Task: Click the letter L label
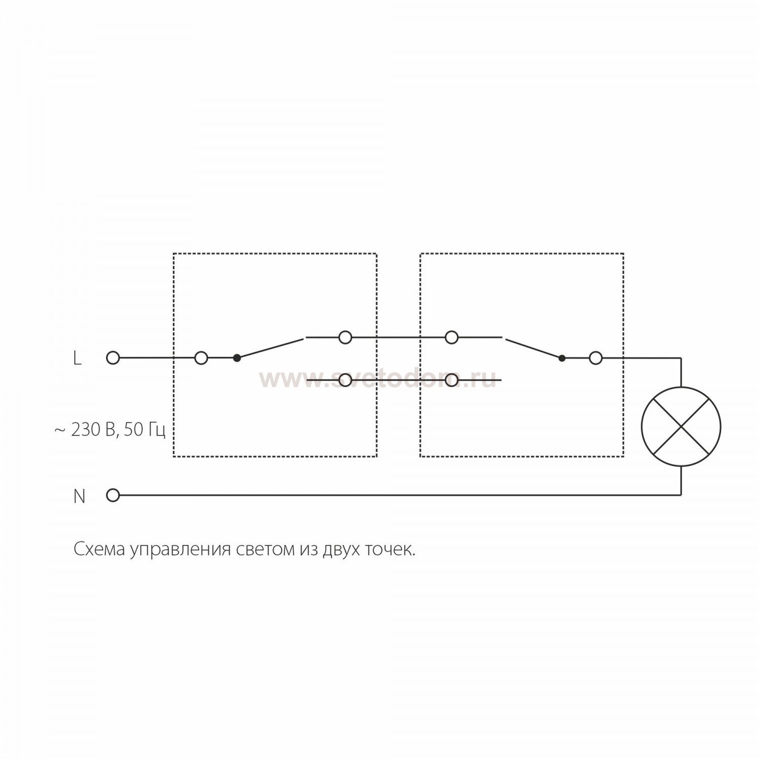click(x=77, y=358)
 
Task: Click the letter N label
click(x=79, y=496)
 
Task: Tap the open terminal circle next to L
click(x=113, y=358)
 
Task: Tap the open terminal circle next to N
click(x=113, y=495)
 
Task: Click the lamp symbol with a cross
click(x=681, y=427)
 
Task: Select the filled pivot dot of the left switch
click(x=236, y=358)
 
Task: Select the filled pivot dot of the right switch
click(x=561, y=358)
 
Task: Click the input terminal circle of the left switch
click(x=201, y=358)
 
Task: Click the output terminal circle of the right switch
click(x=596, y=358)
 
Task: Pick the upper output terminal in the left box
click(x=345, y=337)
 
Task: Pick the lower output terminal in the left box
click(x=345, y=379)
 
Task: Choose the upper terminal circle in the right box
click(x=451, y=337)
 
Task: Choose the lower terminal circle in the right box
click(x=451, y=379)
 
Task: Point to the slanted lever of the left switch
click(x=270, y=348)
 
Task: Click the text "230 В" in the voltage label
click(x=94, y=430)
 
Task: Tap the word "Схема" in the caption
click(x=99, y=549)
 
